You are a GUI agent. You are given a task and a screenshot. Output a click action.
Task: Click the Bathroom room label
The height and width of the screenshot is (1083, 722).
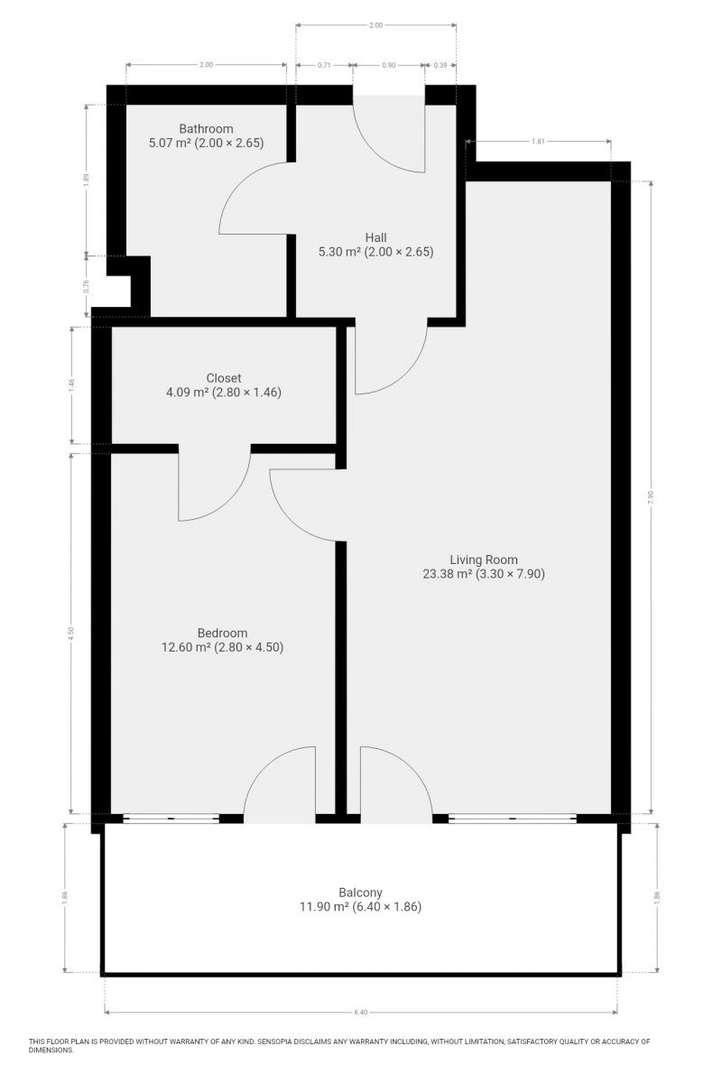point(206,128)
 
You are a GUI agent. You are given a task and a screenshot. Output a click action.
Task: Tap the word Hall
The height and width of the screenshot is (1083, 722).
point(375,237)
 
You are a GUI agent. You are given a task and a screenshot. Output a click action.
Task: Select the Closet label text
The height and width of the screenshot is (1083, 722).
point(224,377)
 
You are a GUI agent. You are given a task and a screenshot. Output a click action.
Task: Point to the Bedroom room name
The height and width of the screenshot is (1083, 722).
point(222,633)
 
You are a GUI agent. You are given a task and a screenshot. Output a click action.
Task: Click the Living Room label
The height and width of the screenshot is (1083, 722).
point(484,560)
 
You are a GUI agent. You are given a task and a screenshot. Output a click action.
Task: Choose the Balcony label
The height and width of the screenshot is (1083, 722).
point(360,892)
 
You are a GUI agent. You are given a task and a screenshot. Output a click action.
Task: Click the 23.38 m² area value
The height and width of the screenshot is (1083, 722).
point(448,573)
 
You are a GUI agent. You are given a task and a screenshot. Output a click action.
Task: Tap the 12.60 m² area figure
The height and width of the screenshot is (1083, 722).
point(186,647)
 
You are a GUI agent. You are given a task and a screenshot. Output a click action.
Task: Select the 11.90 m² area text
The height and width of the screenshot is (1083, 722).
point(324,906)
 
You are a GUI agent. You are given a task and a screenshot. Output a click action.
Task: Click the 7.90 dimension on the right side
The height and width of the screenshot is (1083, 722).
point(651,497)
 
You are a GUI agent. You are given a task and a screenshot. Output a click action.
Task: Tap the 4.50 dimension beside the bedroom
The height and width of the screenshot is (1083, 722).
point(71,633)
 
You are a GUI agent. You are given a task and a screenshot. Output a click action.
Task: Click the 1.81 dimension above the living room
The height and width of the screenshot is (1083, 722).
point(538,142)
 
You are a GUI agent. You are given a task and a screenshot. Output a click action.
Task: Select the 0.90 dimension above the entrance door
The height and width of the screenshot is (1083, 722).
point(389,65)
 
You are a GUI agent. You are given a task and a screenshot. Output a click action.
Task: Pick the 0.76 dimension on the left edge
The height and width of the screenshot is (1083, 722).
point(87,287)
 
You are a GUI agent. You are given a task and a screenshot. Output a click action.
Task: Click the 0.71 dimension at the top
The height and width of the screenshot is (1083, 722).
point(324,65)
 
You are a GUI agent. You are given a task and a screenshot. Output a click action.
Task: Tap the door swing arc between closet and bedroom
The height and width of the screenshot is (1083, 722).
point(231,503)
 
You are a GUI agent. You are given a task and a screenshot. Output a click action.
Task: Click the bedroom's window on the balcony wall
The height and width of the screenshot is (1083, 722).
point(171,818)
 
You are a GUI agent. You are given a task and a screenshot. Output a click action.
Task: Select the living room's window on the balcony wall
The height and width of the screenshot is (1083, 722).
point(513,818)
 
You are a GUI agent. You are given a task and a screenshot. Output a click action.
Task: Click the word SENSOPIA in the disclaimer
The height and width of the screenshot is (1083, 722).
point(277,1041)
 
